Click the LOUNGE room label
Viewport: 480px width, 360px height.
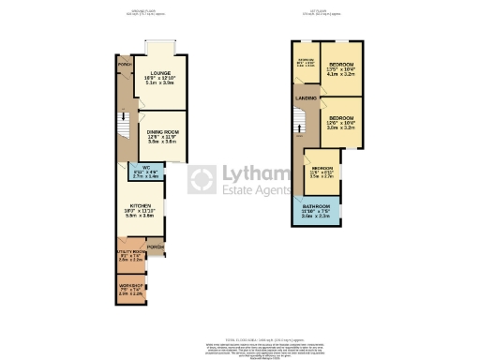click(159, 72)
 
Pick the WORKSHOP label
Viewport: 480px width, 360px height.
click(130, 284)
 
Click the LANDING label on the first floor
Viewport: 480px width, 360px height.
click(305, 97)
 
